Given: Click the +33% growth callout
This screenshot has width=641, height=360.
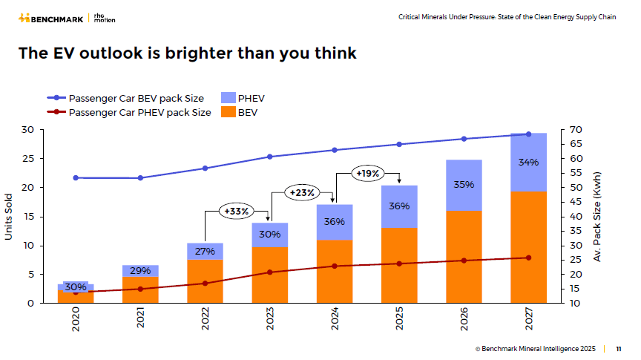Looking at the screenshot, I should coord(237,211).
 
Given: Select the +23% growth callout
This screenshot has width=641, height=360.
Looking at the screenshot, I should coord(302,192).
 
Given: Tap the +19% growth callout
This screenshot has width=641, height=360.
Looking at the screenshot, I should coord(368,174).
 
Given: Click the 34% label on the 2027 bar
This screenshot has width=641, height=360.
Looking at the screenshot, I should coord(528,163).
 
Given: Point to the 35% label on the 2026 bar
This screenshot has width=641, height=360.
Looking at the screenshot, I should coord(464,185).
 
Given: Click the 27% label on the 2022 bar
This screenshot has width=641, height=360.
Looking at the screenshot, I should coord(205,251).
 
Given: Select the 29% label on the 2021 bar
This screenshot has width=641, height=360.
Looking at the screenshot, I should coord(140,271).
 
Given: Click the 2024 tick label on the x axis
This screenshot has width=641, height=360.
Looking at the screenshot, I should coord(335,320).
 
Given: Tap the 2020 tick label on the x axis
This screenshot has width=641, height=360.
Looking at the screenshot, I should coord(76,320).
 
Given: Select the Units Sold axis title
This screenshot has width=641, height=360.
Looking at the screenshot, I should coord(9,216).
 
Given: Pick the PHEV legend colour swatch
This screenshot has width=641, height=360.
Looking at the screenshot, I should coord(228,98).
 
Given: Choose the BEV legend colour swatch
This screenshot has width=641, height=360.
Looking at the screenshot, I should coord(228,112).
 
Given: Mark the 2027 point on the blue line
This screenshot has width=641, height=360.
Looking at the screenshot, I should coord(528,134).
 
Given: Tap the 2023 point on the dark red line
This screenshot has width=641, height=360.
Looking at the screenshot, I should coord(270,272).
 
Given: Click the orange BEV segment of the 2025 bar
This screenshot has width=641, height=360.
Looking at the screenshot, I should coord(399,265).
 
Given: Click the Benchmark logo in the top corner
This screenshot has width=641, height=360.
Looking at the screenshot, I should coord(51,17).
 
